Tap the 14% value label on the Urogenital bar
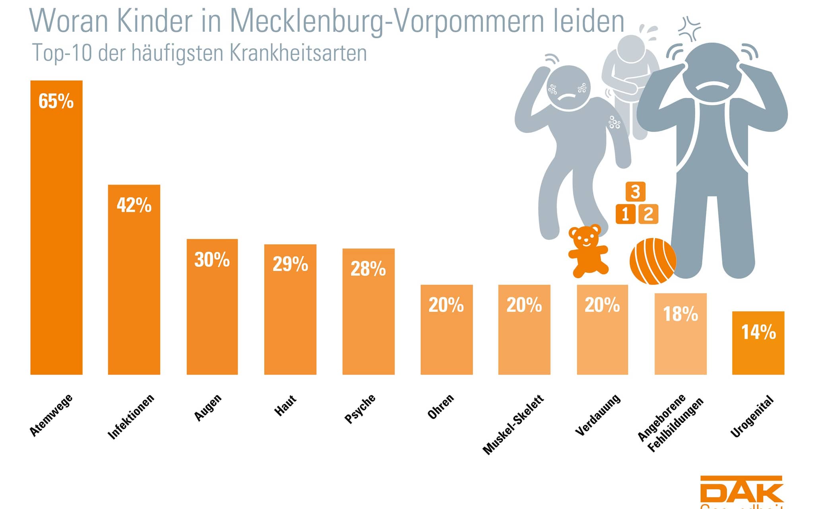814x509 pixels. [758, 332]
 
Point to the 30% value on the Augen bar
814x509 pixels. [212, 260]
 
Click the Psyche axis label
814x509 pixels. [360, 408]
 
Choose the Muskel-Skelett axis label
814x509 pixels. [513, 424]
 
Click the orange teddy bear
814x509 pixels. [587, 251]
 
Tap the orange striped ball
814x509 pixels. [653, 261]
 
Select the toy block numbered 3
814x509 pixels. [635, 192]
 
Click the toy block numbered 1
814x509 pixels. [625, 214]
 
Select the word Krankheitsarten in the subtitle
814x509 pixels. [298, 53]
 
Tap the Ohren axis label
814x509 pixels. [440, 406]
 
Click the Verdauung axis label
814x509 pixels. [597, 415]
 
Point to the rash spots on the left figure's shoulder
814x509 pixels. [614, 122]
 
